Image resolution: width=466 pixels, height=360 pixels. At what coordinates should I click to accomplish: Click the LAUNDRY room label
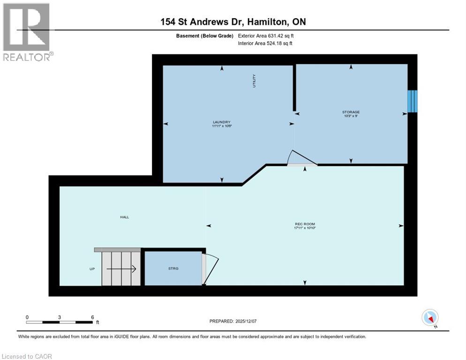pyautogui.click(x=222, y=122)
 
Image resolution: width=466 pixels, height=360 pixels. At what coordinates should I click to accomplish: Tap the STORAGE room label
pyautogui.click(x=351, y=112)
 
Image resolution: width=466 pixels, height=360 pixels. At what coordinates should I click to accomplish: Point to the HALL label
pyautogui.click(x=124, y=217)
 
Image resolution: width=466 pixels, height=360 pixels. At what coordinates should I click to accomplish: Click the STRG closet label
pyautogui.click(x=173, y=269)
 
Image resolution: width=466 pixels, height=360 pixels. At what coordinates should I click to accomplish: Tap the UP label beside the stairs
pyautogui.click(x=92, y=269)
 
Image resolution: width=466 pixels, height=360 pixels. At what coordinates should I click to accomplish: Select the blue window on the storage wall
pyautogui.click(x=412, y=101)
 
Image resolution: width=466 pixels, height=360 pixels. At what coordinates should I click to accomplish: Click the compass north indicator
pyautogui.click(x=430, y=318)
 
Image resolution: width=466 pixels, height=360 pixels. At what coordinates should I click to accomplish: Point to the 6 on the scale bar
pyautogui.click(x=92, y=317)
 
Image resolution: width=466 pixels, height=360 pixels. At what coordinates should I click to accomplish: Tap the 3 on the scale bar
pyautogui.click(x=60, y=317)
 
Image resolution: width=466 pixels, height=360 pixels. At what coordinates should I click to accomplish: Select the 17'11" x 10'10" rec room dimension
pyautogui.click(x=305, y=229)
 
